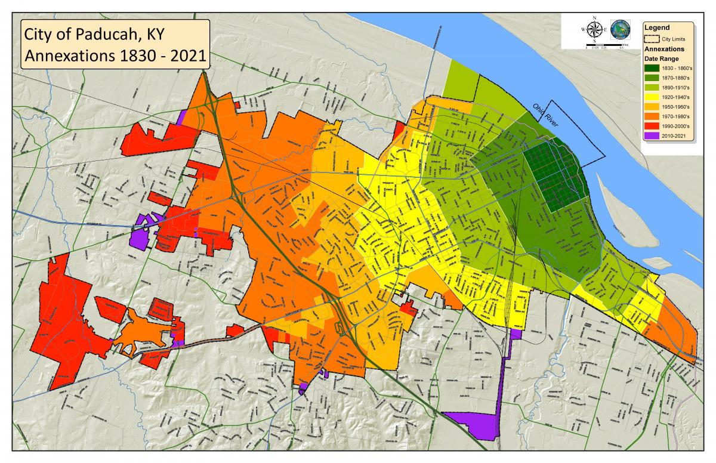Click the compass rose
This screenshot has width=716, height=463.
(x=594, y=29)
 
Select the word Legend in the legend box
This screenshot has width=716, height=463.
(x=656, y=27)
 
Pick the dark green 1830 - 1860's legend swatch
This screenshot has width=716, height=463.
(x=651, y=69)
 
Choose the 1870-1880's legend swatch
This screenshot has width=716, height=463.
(x=651, y=78)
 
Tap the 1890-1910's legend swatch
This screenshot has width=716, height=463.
(x=651, y=88)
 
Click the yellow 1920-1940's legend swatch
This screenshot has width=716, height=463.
(x=651, y=97)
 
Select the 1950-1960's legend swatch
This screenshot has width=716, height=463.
(x=651, y=107)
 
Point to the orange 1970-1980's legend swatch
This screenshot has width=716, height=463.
(x=651, y=116)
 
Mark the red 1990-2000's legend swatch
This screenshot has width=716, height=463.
(x=651, y=126)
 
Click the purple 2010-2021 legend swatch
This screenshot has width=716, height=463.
(x=651, y=135)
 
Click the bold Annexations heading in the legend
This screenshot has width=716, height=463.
(x=663, y=50)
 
